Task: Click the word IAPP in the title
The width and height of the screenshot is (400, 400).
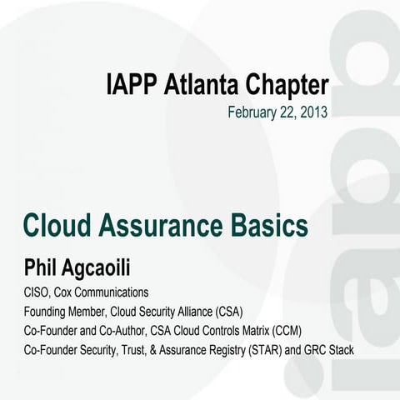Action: tap(132, 84)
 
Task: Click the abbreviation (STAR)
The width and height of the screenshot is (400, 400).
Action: tap(263, 350)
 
